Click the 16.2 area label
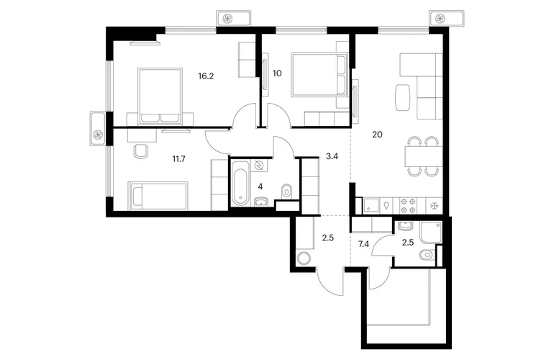coord(206,76)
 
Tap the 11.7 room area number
coord(178,159)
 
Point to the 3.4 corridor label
coord(332,156)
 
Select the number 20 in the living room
coord(377,135)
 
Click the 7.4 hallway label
coord(363,243)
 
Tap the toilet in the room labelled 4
coord(286,192)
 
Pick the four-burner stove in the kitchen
coord(408,206)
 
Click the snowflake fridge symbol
coord(434,206)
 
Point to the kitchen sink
coord(371,206)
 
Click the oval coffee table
coord(402,97)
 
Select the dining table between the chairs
coord(423,157)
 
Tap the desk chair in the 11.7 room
coord(141,151)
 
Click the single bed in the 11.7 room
coord(158,197)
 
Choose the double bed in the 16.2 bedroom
coord(160,96)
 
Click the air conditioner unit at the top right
coord(446,18)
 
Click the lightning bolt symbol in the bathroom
coord(260,165)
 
